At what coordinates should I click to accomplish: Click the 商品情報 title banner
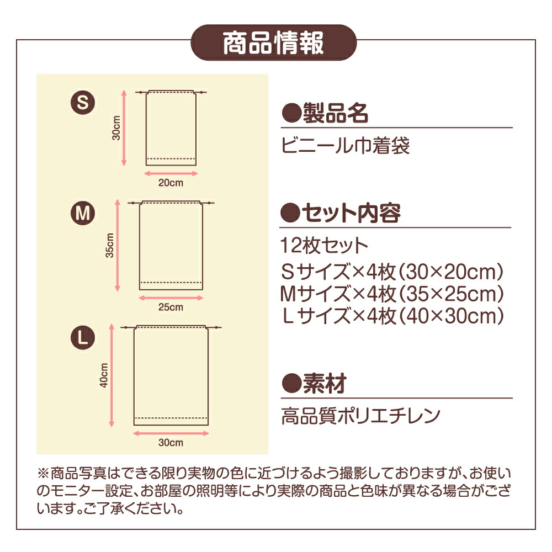pos(274,43)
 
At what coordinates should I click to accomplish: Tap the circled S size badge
pos(83,103)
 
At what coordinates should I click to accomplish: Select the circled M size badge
pos(83,213)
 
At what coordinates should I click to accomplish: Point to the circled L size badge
pos(83,337)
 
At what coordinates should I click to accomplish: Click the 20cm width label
pos(171,183)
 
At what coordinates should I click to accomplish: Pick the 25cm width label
pos(171,307)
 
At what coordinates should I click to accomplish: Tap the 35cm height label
pos(110,246)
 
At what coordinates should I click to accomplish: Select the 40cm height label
pos(104,375)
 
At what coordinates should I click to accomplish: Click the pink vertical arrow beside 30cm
pos(124,128)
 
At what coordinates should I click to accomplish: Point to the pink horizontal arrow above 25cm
pos(171,298)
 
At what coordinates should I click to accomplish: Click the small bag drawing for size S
pos(171,128)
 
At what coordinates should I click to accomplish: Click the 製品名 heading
pos(325,113)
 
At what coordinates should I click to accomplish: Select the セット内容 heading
pos(341,213)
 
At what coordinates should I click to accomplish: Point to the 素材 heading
pos(315,384)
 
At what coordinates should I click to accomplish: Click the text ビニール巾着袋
pos(346,146)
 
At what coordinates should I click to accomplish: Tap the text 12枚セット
pos(324,246)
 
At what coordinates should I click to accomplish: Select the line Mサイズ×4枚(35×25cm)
pos(392,294)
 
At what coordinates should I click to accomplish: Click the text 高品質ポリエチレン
pos(361,416)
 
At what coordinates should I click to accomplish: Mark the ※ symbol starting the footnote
pos(43,474)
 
